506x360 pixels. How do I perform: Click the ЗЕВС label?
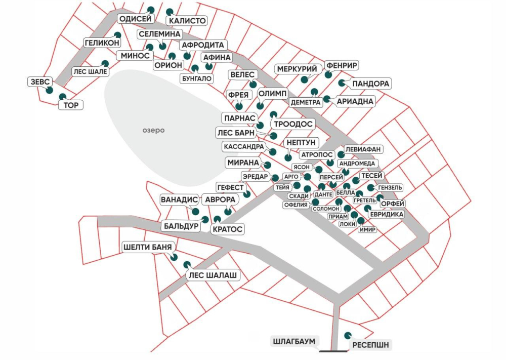pos(40,82)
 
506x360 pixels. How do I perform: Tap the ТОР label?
pos(71,105)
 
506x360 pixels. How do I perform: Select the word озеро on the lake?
pos(154,131)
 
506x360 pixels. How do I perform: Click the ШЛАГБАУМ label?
pos(294,342)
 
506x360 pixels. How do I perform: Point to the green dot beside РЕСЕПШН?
pos(348,336)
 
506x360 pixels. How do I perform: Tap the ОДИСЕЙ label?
pos(136,19)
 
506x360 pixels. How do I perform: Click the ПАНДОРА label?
pos(371,84)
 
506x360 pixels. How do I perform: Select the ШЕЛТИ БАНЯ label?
pos(147,248)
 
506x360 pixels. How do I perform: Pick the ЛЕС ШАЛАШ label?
pos(213,275)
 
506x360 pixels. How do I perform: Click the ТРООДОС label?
pos(293,125)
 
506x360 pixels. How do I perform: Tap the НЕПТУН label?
pos(301,143)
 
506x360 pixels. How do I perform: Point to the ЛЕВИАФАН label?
pos(363,149)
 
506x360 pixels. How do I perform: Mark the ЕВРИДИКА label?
pos(387,214)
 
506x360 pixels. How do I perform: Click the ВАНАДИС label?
pos(180,200)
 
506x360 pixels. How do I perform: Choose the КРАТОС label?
pos(227,229)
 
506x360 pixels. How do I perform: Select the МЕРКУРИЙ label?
pos(297,69)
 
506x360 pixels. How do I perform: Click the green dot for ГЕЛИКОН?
pos(117,35)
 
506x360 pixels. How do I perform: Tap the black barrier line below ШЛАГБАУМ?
pos(333,351)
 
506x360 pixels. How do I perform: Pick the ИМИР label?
pos(367,230)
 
